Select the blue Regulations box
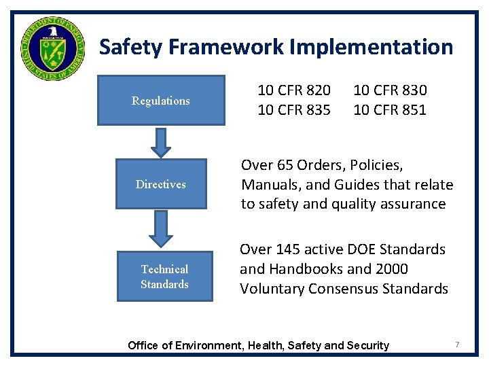(161, 101)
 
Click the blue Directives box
(161, 184)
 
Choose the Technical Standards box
(164, 277)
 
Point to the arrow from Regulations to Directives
(161, 142)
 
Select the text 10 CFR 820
(294, 90)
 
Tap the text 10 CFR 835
(294, 110)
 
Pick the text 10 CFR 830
(390, 90)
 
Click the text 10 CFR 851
(390, 110)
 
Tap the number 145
(288, 249)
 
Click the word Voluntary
(272, 289)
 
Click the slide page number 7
(457, 345)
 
